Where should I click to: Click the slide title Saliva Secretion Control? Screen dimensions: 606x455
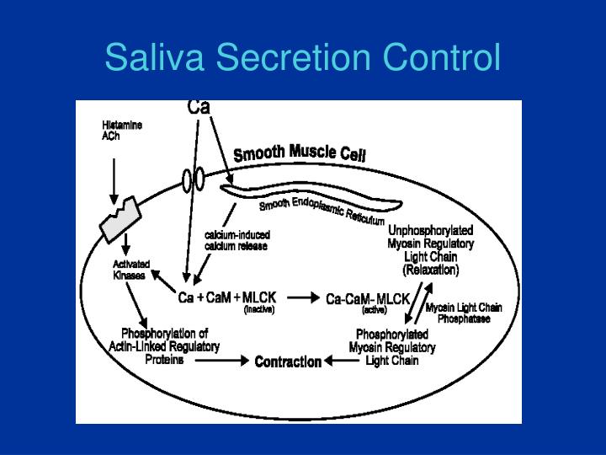[303, 57]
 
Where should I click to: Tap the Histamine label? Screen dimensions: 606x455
[122, 126]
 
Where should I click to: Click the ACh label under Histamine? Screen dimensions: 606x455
[110, 136]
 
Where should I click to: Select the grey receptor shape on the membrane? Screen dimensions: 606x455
[120, 219]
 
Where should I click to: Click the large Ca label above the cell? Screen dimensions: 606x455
[199, 108]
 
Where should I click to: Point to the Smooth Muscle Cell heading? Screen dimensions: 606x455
[300, 153]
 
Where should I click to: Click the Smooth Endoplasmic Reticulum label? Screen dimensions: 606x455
[322, 211]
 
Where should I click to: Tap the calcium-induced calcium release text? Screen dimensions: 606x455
[237, 241]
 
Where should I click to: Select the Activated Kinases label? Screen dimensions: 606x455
[131, 270]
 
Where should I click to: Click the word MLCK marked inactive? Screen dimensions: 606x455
[259, 297]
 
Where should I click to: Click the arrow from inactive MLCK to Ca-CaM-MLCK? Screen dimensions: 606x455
[303, 298]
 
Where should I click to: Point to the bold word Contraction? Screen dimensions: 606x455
[288, 361]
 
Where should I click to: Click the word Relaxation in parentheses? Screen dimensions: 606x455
[431, 270]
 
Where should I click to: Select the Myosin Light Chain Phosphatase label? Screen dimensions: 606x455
[464, 313]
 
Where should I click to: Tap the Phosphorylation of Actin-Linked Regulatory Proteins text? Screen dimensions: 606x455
[164, 346]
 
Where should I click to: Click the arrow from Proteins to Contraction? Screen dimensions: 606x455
[222, 361]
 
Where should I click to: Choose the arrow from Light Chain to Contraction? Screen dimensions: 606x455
[342, 361]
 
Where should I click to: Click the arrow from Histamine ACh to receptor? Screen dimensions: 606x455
[114, 181]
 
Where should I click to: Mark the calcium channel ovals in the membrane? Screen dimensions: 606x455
[193, 179]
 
